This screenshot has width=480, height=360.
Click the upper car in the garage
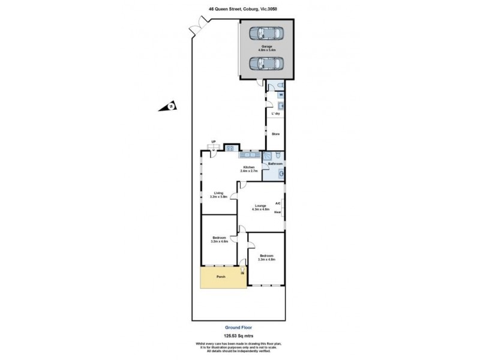tap(265, 34)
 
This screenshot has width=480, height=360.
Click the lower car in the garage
tap(265, 63)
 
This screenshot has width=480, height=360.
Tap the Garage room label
tap(266, 46)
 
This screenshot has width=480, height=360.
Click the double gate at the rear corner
tap(197, 26)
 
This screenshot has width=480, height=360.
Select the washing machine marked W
tap(281, 95)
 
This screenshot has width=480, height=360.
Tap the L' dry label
tap(276, 114)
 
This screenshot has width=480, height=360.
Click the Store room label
tap(276, 134)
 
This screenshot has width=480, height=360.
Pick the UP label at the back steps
tap(213, 142)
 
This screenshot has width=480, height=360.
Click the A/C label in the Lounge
tap(278, 203)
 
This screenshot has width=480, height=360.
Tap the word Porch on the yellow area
tap(220, 277)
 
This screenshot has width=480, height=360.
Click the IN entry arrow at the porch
tap(242, 272)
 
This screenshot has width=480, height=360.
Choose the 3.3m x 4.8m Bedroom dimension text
tap(266, 259)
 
